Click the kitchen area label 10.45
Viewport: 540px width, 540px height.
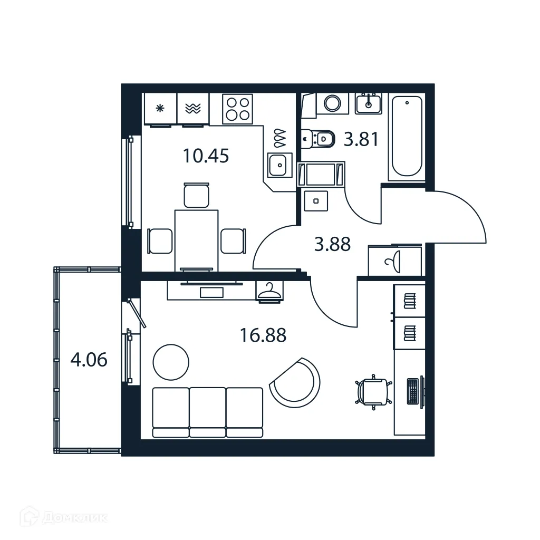(x=206, y=156)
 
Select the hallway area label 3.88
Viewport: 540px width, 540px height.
(x=332, y=245)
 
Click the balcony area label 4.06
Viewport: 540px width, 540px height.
(x=89, y=360)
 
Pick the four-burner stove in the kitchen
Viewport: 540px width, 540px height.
(x=237, y=109)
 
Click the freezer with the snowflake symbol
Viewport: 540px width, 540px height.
(x=160, y=109)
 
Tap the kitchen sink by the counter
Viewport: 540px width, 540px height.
(x=279, y=165)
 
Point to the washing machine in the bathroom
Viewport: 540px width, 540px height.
(x=332, y=103)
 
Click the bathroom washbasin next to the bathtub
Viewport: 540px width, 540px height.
(x=368, y=103)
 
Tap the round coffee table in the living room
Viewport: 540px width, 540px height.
(x=170, y=362)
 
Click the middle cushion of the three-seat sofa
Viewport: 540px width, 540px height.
(x=207, y=412)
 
